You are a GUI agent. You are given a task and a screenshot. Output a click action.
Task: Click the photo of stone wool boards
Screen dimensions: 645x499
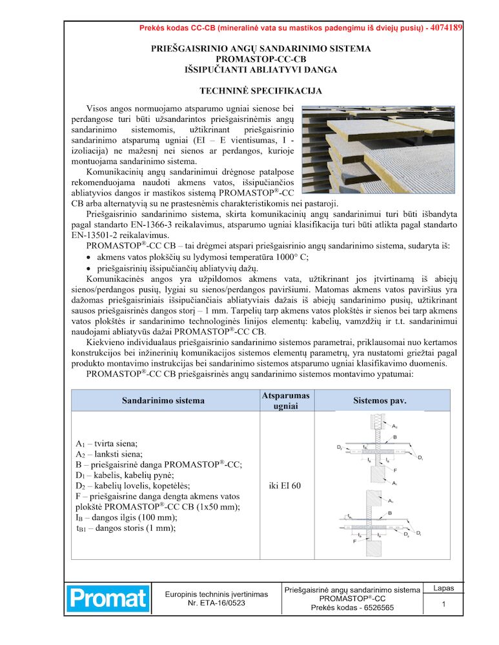click(x=378, y=150)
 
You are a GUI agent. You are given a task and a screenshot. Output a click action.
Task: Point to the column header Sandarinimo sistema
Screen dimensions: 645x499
click(x=163, y=401)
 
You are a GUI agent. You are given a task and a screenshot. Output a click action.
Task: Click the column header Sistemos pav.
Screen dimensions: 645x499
click(x=380, y=401)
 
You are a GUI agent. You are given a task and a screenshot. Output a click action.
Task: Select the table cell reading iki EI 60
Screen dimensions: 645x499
click(x=285, y=485)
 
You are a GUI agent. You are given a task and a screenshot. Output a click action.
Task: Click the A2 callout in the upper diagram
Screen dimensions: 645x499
click(x=395, y=426)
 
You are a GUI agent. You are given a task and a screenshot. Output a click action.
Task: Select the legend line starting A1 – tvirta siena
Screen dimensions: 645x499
click(x=107, y=444)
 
